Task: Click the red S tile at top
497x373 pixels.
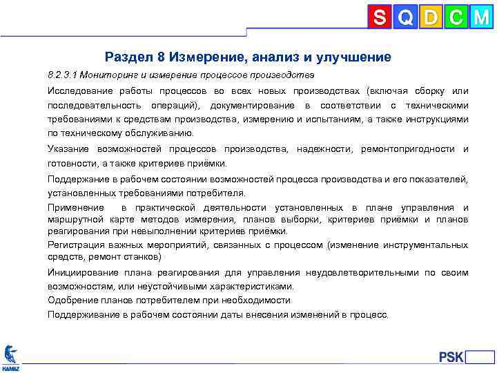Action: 380,17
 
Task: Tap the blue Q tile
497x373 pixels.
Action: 405,17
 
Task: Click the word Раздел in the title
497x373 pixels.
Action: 128,57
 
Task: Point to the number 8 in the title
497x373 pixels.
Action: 162,57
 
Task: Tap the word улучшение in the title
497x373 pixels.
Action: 353,57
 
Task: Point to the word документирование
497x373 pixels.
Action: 251,106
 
